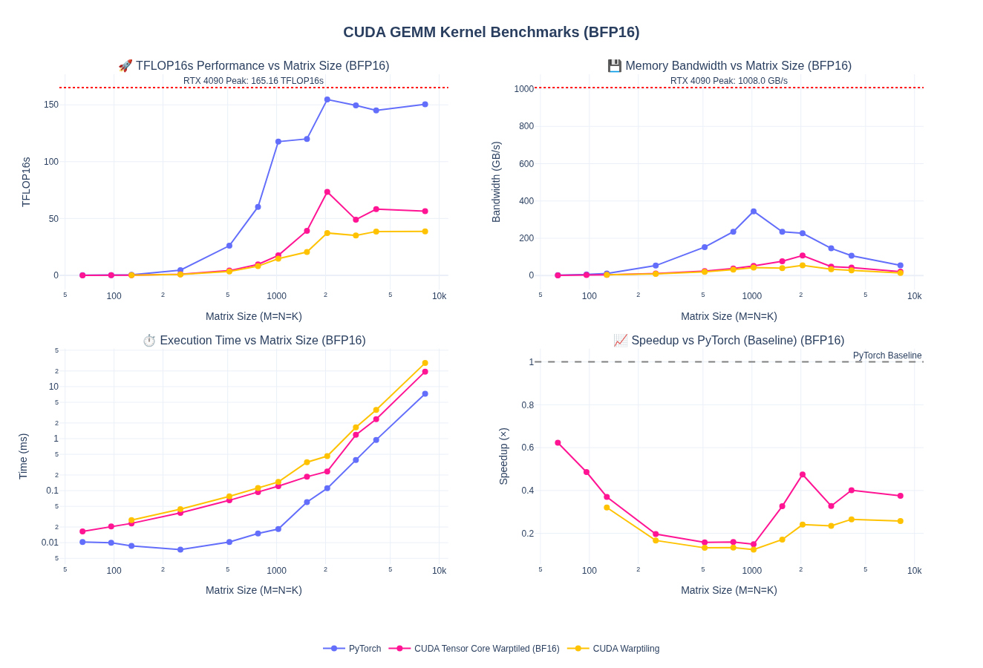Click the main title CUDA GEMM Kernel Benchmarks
(x=491, y=32)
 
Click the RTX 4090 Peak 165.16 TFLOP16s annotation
(x=253, y=81)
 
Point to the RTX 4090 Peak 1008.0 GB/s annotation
(x=728, y=81)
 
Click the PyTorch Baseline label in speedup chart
(x=886, y=356)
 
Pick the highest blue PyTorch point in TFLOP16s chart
(x=327, y=99)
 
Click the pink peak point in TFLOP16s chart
(x=327, y=192)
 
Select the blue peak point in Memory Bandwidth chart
(x=754, y=212)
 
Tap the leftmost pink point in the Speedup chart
(x=558, y=443)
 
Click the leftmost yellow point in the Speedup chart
(x=607, y=508)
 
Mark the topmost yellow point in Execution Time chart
(x=425, y=363)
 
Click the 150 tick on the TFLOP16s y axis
(x=51, y=105)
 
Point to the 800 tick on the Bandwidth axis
(x=526, y=126)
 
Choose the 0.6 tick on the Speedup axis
(x=527, y=448)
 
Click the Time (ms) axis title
(x=23, y=456)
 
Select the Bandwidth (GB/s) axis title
(x=496, y=182)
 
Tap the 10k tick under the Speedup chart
(x=914, y=571)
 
